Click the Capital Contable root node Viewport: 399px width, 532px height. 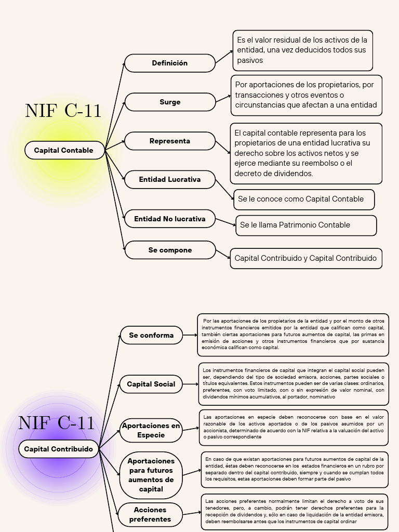coord(64,150)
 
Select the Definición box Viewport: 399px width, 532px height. coord(170,63)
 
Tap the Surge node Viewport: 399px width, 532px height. coord(170,102)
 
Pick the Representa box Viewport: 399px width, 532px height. coord(170,141)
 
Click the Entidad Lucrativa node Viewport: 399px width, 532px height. coord(170,179)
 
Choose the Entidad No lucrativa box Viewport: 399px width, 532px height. coord(170,219)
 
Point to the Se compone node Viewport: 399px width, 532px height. coord(170,250)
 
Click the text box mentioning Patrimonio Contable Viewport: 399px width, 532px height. coord(306,225)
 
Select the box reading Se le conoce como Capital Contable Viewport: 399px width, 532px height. coord(304,199)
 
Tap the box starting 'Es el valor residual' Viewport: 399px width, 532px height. coord(302,50)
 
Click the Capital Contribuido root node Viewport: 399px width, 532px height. coord(59,449)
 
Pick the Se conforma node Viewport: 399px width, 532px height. coord(151,335)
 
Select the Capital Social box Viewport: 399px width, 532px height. coord(151,384)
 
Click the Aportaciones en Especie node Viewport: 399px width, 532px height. coord(151,430)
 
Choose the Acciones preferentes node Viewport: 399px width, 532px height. coord(150,514)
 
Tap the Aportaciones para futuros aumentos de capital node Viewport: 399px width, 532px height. coord(151,475)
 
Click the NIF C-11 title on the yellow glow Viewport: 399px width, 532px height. coord(63,111)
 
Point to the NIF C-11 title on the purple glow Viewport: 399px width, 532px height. coord(57,422)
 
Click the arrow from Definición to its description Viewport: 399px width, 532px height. coord(224,57)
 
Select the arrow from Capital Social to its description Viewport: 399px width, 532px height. coord(191,384)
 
